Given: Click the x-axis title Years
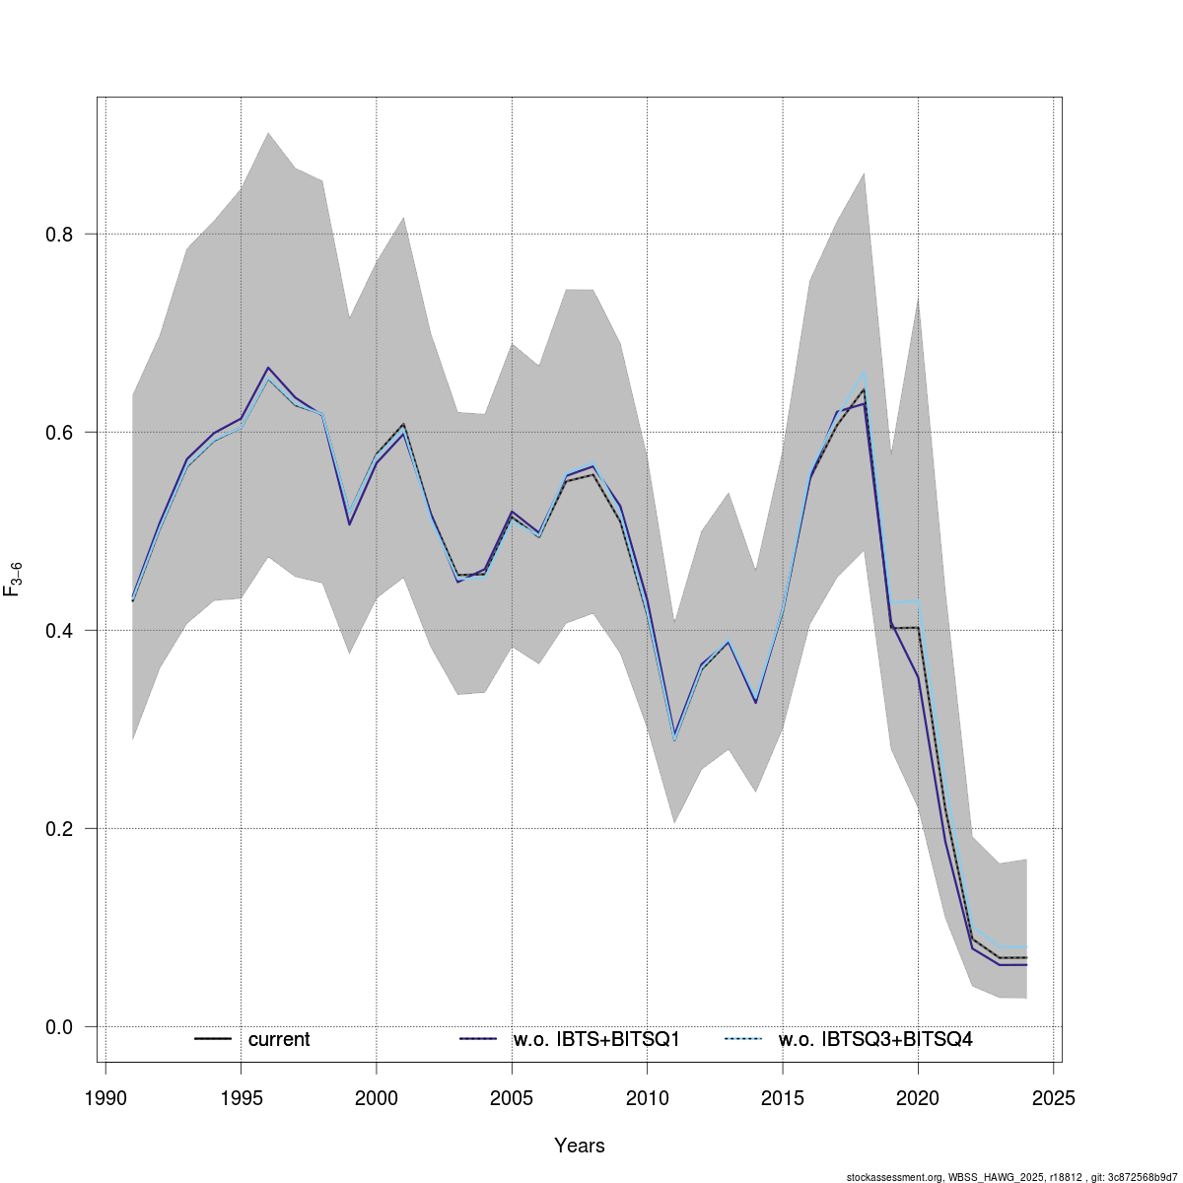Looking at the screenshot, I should [x=580, y=1146].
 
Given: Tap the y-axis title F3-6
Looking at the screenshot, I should [x=13, y=578].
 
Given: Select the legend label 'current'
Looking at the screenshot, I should [x=279, y=1040].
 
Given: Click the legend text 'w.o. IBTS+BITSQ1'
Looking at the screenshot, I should [x=596, y=1040].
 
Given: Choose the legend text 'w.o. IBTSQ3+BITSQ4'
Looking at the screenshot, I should [x=875, y=1040].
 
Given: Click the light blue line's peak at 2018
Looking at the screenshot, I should [x=864, y=373].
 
